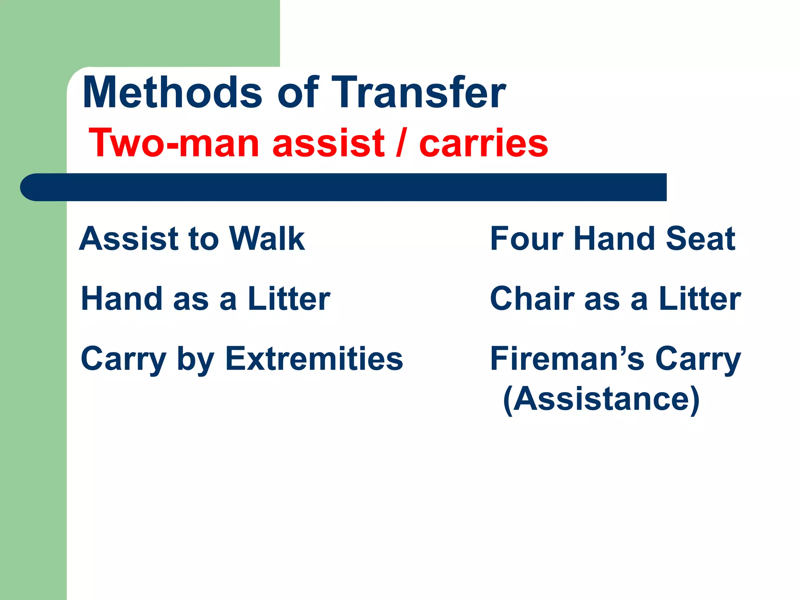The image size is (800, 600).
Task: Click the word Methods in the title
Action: coord(172,93)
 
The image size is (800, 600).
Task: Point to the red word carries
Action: coord(483,143)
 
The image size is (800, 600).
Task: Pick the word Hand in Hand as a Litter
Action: coord(121,299)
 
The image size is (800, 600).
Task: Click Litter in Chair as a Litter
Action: coord(700,299)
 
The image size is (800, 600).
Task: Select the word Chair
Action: coord(532,299)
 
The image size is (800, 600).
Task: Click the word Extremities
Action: coord(314,359)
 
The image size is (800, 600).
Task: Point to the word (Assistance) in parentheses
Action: coord(601,399)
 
